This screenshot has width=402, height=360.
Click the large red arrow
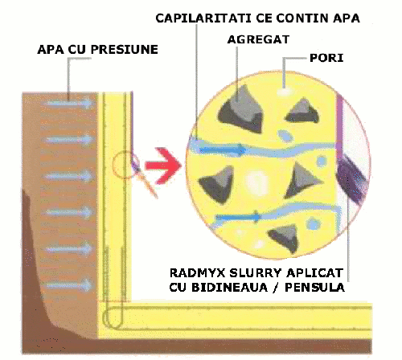pos(163,166)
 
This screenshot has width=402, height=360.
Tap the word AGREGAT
pos(258,39)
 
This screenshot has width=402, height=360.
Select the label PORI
pos(326,58)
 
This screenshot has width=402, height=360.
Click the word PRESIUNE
pos(125,50)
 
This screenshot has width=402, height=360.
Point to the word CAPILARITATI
pos(204,18)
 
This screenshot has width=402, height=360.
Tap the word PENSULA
pos(314,288)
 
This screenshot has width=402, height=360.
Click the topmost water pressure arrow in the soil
pos(69,103)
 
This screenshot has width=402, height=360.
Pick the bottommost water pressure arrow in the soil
pos(69,285)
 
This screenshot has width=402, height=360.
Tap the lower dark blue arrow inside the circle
pos(238,217)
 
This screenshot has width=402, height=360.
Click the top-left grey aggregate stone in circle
pos(241,110)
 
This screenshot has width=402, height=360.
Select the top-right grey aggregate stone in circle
pos(302,111)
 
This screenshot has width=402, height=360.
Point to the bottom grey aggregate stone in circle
pos(285,237)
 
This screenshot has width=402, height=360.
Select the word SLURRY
pos(256,273)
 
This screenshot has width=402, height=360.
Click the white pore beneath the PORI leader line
pos(284,92)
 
